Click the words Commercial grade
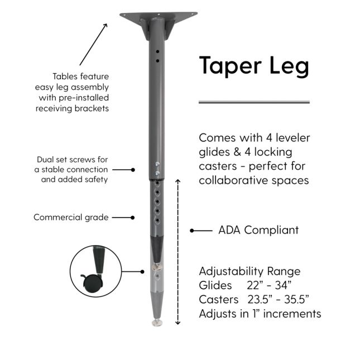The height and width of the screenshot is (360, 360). [x=71, y=217]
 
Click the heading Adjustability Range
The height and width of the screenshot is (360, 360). [x=249, y=272]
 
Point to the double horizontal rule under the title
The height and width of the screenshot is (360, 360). [x=254, y=102]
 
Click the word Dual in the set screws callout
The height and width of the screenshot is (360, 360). [x=47, y=159]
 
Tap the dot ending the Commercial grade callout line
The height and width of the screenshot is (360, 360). [x=133, y=217]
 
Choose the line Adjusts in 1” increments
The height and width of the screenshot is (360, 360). [x=260, y=314]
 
